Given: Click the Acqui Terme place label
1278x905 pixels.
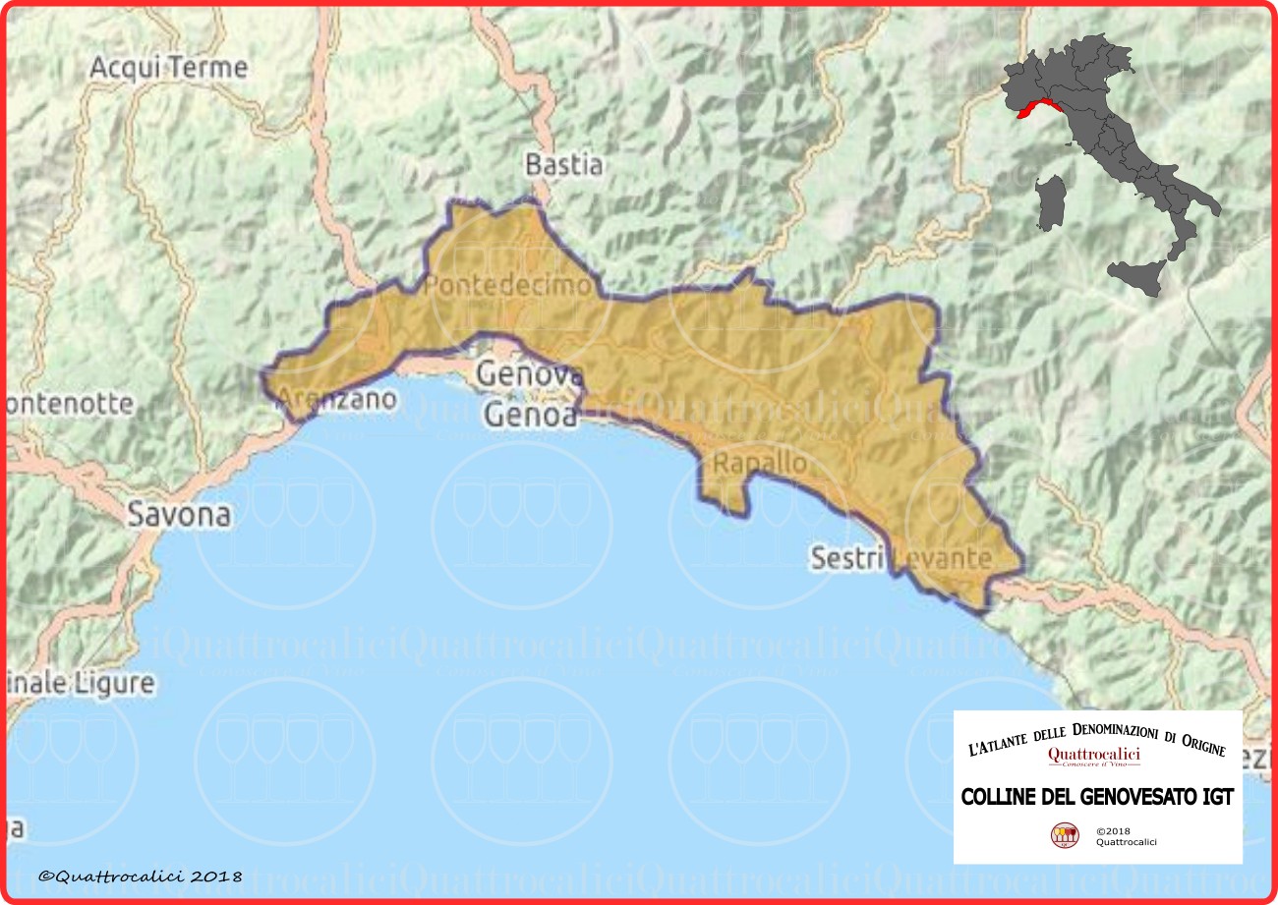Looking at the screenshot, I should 168,68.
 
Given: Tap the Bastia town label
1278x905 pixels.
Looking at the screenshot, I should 563,164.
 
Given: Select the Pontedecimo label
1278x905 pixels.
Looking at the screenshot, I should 508,286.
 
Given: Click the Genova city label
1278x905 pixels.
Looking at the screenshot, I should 530,374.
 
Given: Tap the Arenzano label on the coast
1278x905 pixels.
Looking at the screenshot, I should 336,399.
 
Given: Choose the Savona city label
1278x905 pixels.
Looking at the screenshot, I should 181,513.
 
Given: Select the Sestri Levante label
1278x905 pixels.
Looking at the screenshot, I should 900,558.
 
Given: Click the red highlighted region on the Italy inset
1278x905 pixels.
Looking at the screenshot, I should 1038,108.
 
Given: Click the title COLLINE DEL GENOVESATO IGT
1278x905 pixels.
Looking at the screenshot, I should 1096,796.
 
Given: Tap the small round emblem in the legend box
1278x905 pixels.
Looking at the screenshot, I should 1065,835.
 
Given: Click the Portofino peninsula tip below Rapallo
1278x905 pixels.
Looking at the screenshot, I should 728,506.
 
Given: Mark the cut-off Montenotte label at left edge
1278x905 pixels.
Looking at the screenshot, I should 69,403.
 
